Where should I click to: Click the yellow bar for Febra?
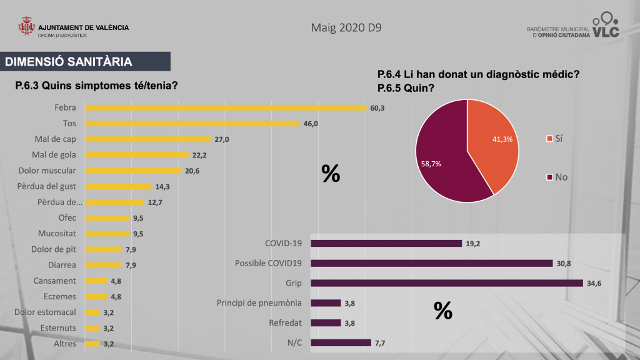(225, 107)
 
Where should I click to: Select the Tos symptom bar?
(192, 123)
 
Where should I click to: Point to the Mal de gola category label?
(54, 154)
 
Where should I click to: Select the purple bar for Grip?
(446, 283)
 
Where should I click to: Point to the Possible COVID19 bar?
(431, 263)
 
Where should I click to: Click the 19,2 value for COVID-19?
(473, 244)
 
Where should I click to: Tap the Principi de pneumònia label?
(259, 303)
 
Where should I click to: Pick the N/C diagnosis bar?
(341, 342)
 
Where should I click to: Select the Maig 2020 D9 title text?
(346, 28)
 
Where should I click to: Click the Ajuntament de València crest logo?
(27, 29)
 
